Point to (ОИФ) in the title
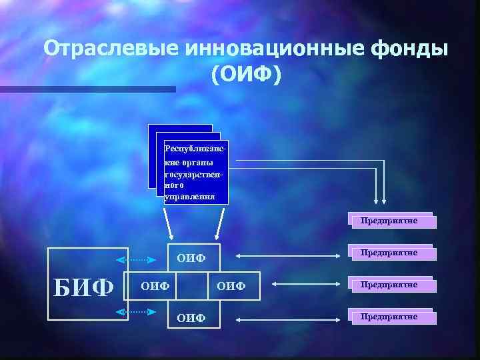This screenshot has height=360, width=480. click(246, 74)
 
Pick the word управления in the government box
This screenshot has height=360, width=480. click(190, 197)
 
